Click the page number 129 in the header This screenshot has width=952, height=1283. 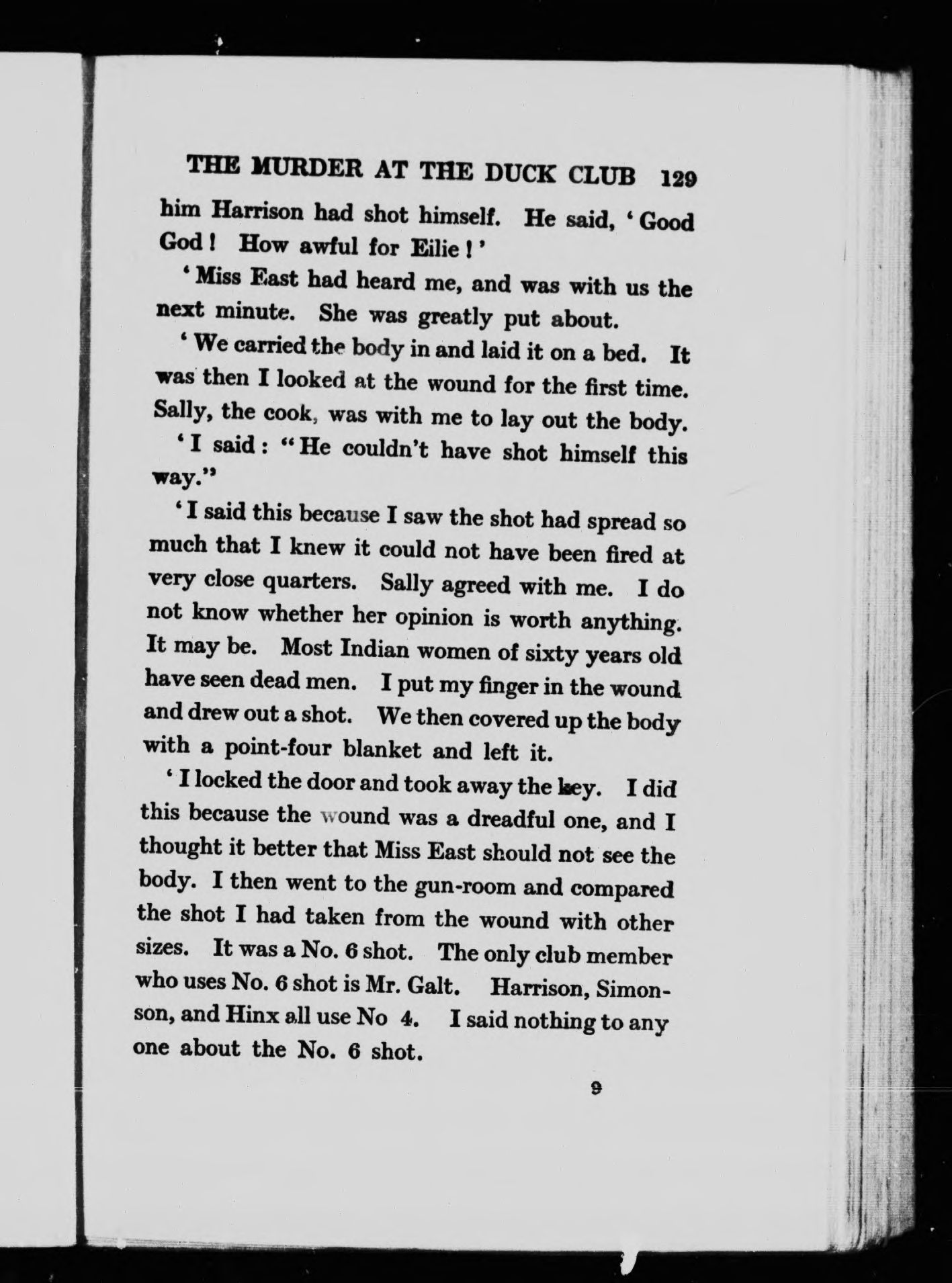(679, 179)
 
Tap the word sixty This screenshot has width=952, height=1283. (550, 652)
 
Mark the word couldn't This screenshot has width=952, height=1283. (385, 449)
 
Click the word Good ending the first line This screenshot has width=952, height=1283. (665, 222)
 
